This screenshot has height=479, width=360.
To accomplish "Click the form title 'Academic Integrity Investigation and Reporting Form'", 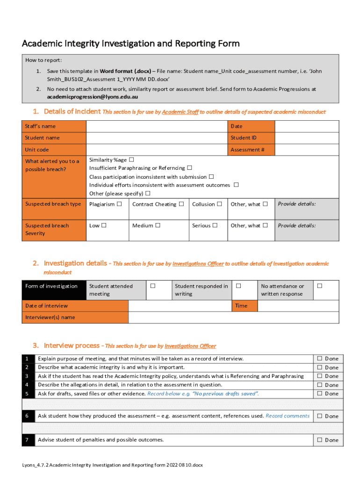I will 130,44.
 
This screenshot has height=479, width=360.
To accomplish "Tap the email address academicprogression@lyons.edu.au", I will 93,97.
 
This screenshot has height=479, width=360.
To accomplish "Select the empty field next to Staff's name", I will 157,126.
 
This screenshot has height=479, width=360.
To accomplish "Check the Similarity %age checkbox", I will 131,160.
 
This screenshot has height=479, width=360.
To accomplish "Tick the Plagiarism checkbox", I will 120,204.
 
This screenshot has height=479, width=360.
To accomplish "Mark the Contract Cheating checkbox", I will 181,204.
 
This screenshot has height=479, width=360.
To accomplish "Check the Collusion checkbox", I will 219,204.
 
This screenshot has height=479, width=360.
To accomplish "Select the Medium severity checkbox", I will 158,225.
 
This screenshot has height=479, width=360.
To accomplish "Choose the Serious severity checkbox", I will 215,225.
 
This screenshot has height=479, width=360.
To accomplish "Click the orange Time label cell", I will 245,306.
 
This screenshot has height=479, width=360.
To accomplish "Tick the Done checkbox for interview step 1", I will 320,359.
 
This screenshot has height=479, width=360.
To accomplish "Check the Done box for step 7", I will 320,440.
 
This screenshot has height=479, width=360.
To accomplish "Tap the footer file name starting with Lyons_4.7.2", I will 112,465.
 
